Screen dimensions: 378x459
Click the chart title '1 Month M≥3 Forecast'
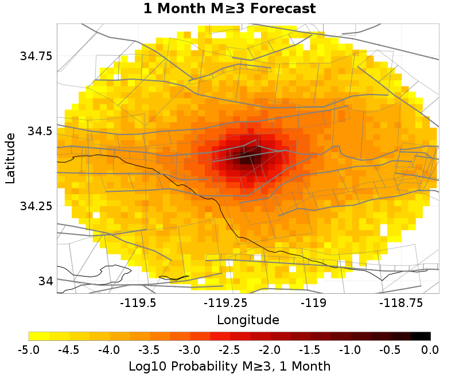[x=229, y=9]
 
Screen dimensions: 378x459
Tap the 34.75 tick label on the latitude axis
[x=36, y=56]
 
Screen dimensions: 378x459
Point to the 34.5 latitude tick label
[x=40, y=131]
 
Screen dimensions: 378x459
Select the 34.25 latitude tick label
[x=36, y=206]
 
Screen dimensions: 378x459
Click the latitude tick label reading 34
[x=45, y=281]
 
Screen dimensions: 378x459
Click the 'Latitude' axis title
[x=10, y=158]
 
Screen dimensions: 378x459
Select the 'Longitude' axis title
[x=248, y=320]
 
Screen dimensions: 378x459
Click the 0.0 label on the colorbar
[x=430, y=350]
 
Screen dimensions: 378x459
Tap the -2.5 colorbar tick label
[x=229, y=350]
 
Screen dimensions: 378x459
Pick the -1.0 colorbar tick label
[x=349, y=350]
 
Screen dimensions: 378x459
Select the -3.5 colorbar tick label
[x=149, y=350]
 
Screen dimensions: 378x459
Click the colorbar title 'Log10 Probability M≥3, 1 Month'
[x=229, y=365]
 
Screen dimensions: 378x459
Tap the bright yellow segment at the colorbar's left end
[x=38, y=336]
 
